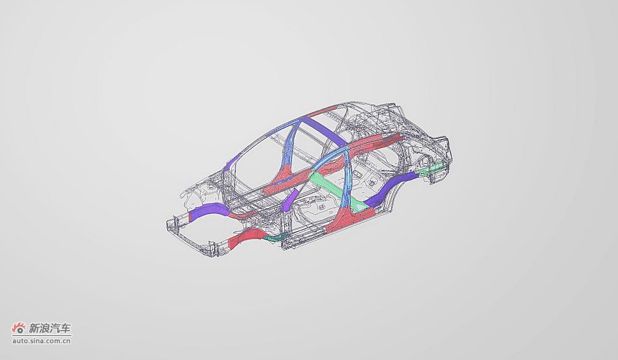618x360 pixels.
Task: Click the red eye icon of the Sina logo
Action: (18, 327)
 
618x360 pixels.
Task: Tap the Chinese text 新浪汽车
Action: (51, 328)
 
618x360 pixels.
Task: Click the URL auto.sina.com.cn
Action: (42, 340)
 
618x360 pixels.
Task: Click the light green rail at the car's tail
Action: (431, 169)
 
